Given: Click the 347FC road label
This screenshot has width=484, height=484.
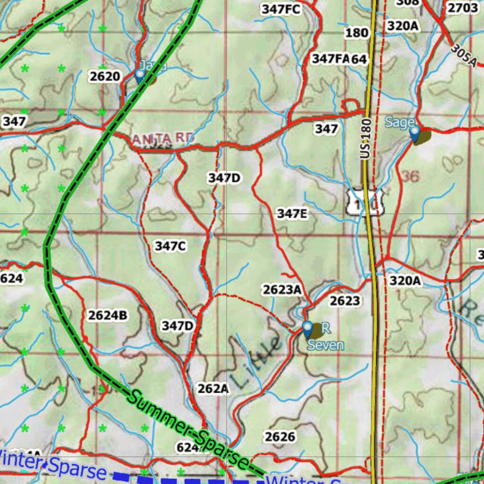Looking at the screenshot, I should (x=281, y=9).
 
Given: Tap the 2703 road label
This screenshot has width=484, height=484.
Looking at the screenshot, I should (x=462, y=8).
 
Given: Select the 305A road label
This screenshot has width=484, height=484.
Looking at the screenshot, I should (x=463, y=56).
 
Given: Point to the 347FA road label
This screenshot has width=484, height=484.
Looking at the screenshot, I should (x=330, y=59).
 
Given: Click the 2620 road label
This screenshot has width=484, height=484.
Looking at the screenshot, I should (x=104, y=76).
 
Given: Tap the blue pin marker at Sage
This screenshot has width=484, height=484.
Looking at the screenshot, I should (x=415, y=133).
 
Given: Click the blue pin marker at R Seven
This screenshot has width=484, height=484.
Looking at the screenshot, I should (x=308, y=329).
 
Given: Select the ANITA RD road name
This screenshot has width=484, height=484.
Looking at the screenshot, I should (x=163, y=138).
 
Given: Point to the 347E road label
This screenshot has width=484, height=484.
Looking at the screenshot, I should (x=292, y=214).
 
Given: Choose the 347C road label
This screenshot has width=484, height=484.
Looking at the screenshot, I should (x=171, y=246).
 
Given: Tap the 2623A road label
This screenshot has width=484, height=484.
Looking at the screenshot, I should (x=282, y=290).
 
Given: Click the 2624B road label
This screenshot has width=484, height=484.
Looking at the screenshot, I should (x=107, y=315).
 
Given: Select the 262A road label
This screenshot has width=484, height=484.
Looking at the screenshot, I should (x=213, y=389).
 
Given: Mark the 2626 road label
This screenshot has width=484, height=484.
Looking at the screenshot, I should (x=280, y=436).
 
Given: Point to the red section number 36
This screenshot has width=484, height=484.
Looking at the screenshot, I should (x=410, y=176).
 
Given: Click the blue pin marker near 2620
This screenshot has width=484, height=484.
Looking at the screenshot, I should (x=139, y=76).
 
